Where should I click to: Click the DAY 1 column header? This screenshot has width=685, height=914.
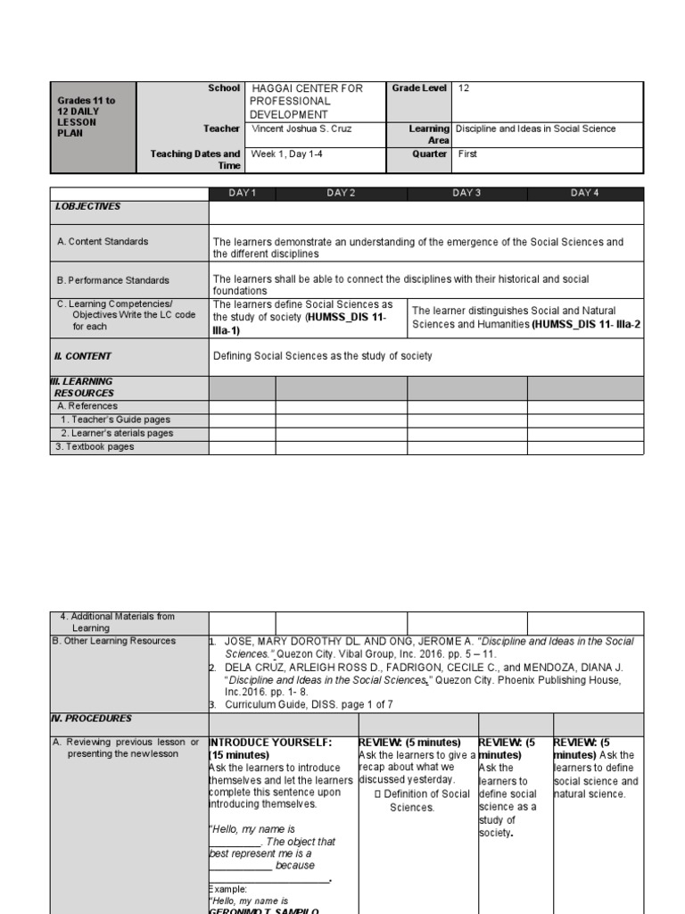click(x=242, y=194)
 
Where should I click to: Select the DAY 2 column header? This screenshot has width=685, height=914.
click(x=341, y=194)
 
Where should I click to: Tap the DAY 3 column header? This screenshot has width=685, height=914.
click(x=466, y=194)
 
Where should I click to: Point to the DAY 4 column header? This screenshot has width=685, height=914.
click(x=585, y=194)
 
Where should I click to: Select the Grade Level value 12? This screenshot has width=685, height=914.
click(x=464, y=88)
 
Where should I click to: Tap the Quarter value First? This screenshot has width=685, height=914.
click(x=467, y=154)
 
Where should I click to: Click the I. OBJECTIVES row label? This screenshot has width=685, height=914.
click(x=87, y=206)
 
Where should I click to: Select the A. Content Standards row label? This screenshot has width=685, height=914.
click(x=103, y=242)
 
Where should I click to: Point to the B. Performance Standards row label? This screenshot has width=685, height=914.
click(x=112, y=280)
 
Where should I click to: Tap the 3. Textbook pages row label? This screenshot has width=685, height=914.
click(x=95, y=447)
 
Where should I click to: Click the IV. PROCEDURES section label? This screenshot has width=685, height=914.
click(x=92, y=719)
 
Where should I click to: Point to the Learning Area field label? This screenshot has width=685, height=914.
click(x=428, y=135)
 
